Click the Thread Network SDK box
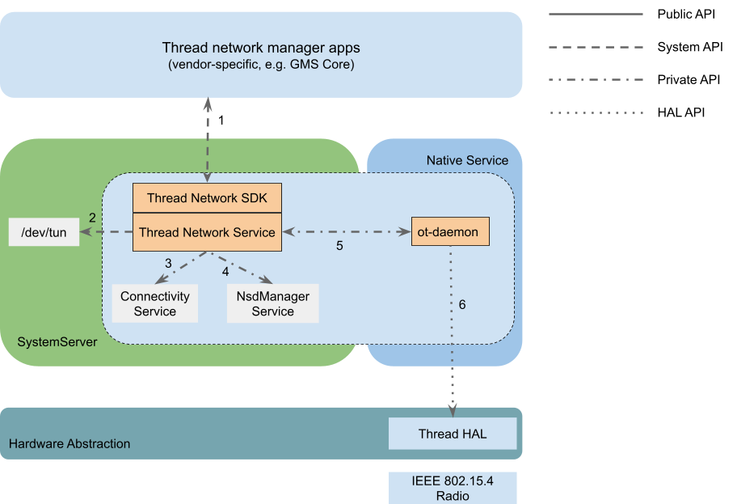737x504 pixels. click(207, 197)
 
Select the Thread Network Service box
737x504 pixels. click(207, 232)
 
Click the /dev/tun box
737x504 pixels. click(44, 233)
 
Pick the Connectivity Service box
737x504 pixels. click(155, 304)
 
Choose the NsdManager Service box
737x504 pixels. click(273, 304)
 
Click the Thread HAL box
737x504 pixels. click(453, 434)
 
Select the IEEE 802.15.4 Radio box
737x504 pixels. click(453, 488)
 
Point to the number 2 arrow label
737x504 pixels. click(92, 218)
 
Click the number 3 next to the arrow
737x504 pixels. click(168, 263)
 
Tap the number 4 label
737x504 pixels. click(225, 271)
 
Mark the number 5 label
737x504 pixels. click(339, 246)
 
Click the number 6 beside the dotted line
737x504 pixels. click(462, 305)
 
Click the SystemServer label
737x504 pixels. click(57, 342)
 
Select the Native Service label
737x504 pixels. click(467, 160)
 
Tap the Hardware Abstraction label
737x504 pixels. click(69, 443)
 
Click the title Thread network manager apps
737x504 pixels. click(261, 48)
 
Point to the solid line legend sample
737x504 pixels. click(596, 15)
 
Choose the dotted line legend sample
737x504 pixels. click(596, 112)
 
